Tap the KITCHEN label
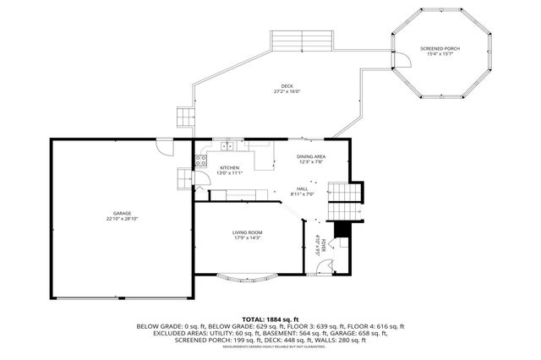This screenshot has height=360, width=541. [x=231, y=167]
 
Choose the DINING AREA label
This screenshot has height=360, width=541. [x=311, y=156]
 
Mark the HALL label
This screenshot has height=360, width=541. [x=302, y=188]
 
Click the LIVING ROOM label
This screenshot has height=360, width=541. [x=248, y=232]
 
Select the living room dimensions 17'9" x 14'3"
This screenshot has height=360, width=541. [x=248, y=238]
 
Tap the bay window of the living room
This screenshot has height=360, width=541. [x=247, y=275]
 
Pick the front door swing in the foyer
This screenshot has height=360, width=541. [x=320, y=268]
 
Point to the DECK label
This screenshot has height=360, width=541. [x=287, y=85]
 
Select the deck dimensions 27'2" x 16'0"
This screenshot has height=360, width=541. [x=287, y=91]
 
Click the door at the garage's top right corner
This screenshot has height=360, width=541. [x=168, y=148]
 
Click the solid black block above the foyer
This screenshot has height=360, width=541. [x=342, y=231]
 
